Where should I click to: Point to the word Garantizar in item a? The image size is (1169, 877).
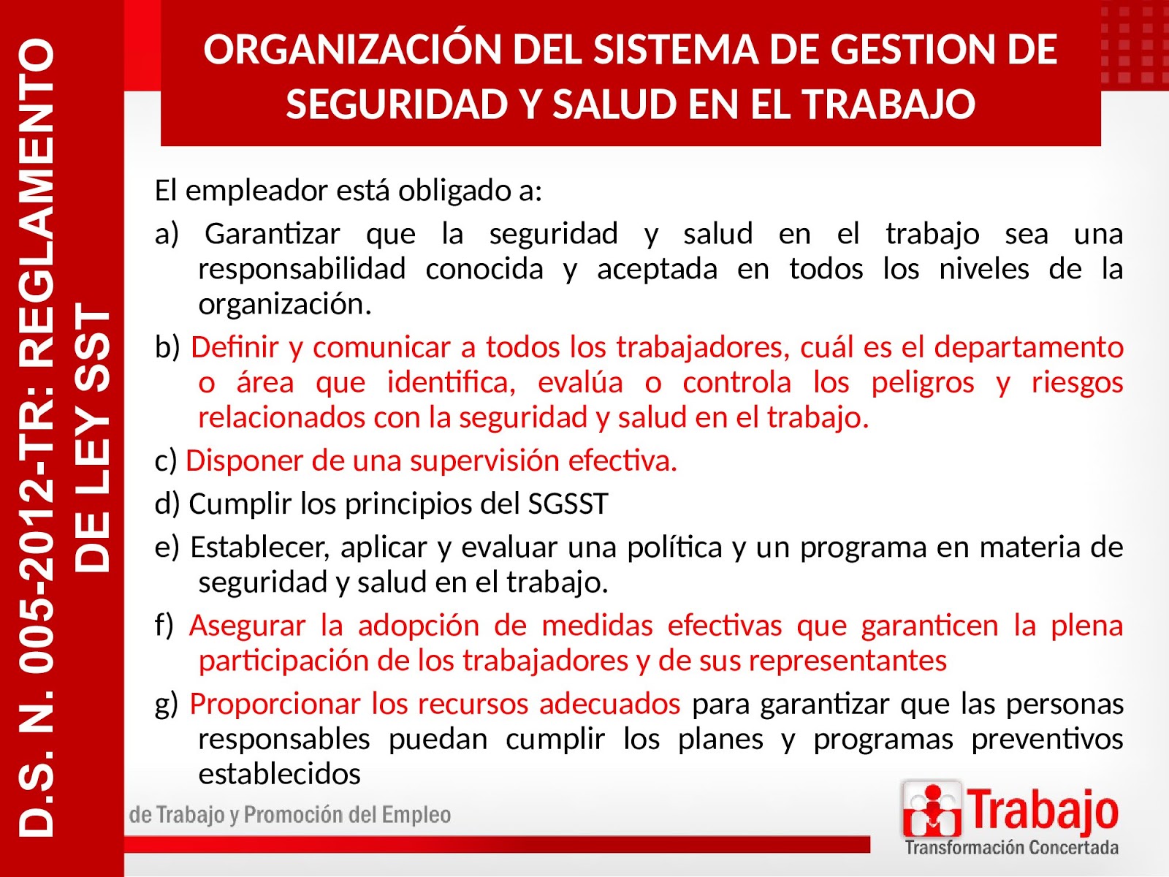tap(272, 234)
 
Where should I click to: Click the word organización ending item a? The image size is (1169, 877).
tap(285, 304)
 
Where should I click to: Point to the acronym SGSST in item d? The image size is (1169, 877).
tap(567, 504)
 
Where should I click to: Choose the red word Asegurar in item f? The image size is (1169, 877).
tap(247, 626)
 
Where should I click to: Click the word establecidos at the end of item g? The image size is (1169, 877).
tap(279, 774)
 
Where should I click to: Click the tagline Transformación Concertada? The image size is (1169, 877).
tap(1011, 848)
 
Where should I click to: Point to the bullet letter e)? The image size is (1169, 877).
tap(167, 547)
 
